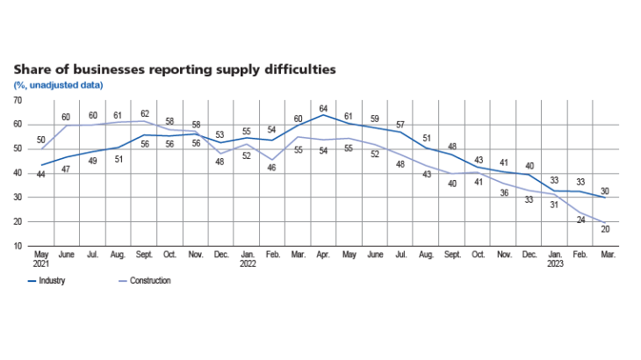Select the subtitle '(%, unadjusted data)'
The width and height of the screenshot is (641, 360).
click(x=58, y=85)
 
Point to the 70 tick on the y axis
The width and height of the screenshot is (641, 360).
click(x=18, y=100)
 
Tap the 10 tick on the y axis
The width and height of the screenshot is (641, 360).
click(x=18, y=246)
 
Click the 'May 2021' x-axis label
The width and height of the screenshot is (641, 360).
click(x=40, y=261)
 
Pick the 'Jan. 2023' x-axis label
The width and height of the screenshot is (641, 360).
click(x=554, y=261)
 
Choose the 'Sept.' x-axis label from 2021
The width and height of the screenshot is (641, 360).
click(x=144, y=256)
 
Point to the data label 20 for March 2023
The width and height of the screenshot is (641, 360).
click(x=605, y=230)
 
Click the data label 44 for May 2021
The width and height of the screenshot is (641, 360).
click(x=40, y=175)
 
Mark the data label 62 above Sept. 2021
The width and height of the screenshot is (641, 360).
click(x=144, y=113)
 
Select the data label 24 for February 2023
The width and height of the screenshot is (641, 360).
click(x=580, y=220)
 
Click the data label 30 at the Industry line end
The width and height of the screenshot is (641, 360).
click(x=605, y=191)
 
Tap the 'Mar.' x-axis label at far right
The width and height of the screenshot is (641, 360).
click(x=605, y=256)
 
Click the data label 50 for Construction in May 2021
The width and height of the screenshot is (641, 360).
click(x=40, y=140)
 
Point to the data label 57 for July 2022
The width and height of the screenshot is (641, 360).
click(x=400, y=124)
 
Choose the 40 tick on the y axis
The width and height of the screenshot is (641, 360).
click(x=18, y=173)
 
